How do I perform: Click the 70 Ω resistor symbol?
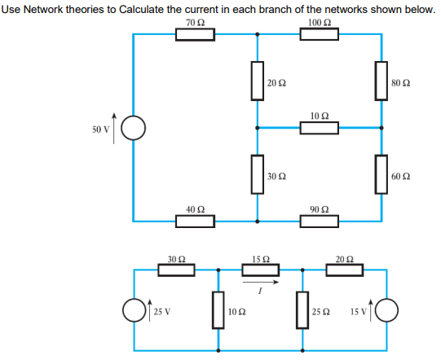point(196,34)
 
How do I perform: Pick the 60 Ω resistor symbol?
point(380,174)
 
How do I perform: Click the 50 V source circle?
point(134,129)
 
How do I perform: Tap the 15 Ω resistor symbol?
point(260,269)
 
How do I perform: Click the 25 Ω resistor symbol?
point(301,311)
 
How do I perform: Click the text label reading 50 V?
point(101,130)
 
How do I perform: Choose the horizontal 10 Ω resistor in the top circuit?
point(320,128)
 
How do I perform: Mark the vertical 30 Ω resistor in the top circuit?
point(258,174)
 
